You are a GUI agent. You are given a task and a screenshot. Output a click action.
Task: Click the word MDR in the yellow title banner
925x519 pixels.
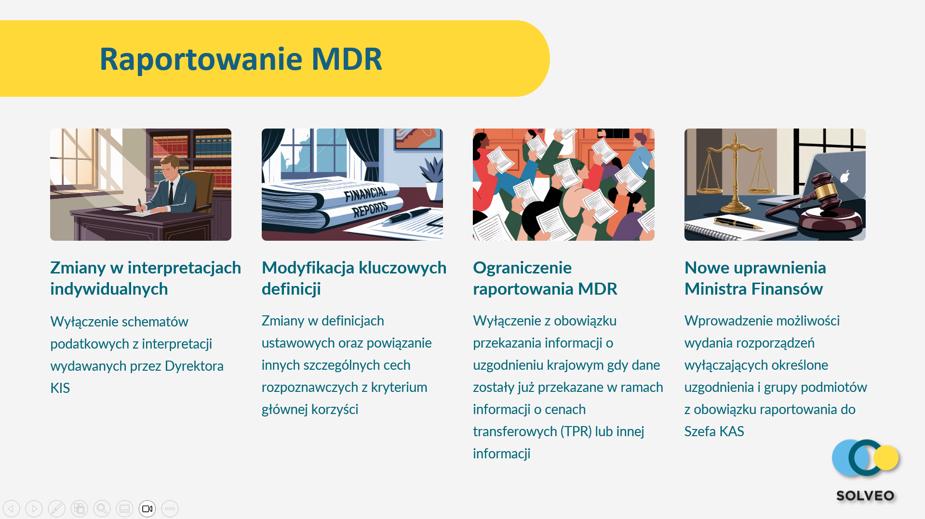[347, 59]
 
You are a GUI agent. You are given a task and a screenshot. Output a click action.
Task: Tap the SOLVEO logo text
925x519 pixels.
[865, 495]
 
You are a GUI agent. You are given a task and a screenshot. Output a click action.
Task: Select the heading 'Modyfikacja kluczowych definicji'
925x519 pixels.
[354, 278]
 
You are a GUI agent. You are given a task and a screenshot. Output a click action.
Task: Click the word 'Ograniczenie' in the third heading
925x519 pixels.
[522, 268]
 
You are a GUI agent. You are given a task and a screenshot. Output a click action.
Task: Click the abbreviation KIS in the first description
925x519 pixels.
[60, 388]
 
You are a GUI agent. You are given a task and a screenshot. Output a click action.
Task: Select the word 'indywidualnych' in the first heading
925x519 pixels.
[109, 289]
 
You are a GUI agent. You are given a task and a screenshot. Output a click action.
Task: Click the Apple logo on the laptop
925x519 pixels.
[845, 176]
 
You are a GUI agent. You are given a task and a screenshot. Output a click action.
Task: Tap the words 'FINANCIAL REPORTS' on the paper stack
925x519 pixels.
[366, 202]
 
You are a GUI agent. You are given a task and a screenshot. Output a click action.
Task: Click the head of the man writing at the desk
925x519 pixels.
[170, 167]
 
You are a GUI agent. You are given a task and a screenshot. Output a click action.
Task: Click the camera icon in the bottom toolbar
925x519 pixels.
[147, 509]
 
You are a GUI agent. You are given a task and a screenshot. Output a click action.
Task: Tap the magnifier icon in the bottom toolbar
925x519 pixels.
[102, 509]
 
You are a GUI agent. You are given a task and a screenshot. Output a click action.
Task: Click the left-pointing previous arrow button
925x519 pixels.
[12, 509]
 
